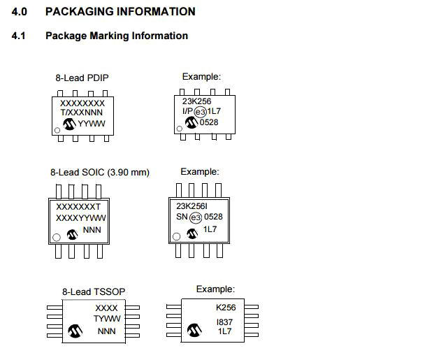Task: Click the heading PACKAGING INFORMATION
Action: (x=120, y=12)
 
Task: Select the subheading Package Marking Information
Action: (x=117, y=36)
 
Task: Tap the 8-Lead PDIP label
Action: (x=82, y=78)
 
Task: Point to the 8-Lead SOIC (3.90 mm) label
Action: (x=100, y=172)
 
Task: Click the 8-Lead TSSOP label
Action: (x=94, y=291)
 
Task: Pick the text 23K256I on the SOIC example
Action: (x=192, y=207)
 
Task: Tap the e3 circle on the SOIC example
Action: (x=195, y=217)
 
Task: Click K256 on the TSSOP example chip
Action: (x=226, y=308)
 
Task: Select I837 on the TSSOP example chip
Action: (x=225, y=322)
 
